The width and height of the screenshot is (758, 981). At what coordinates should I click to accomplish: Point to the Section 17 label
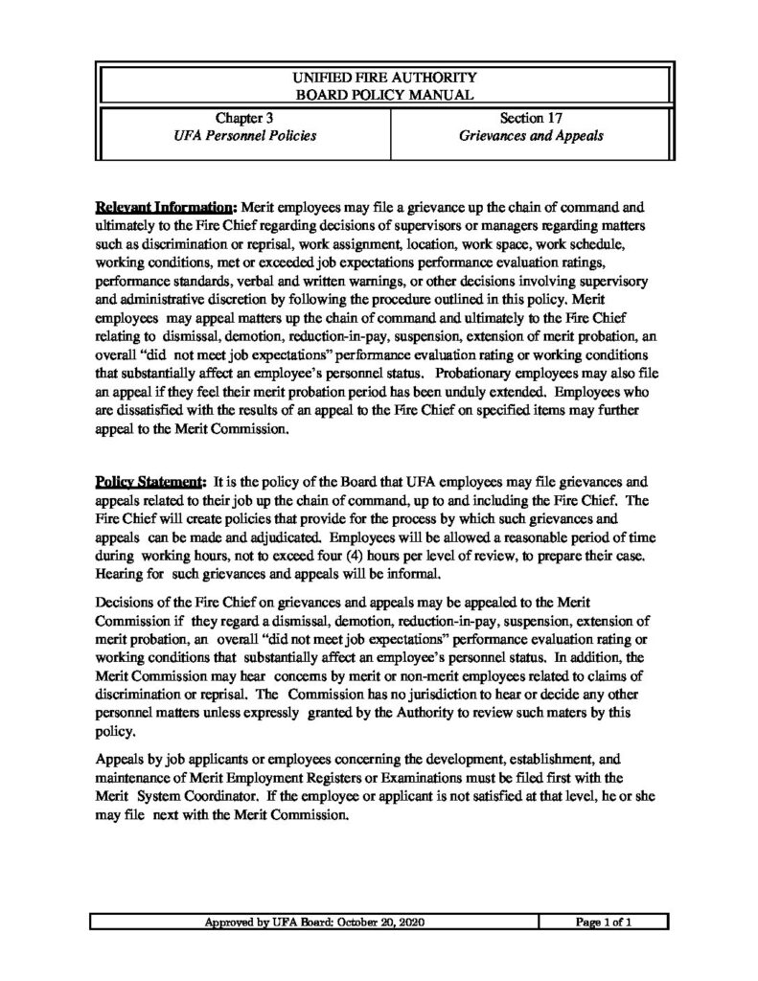[528, 119]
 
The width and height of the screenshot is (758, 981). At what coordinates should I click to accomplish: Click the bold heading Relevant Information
[165, 207]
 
